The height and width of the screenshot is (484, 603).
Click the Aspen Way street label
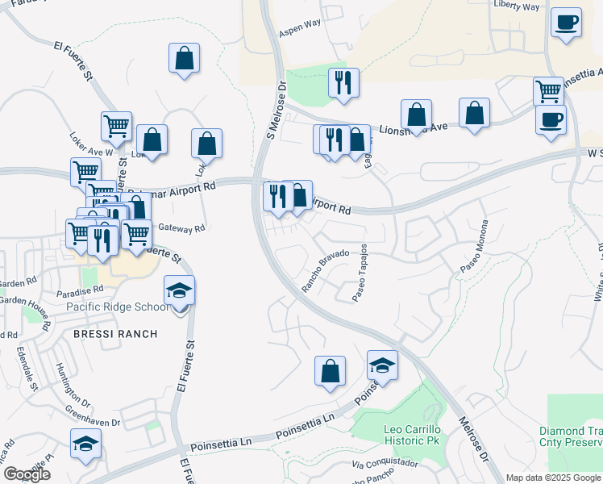tap(300, 32)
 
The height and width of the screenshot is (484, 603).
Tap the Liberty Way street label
tap(516, 7)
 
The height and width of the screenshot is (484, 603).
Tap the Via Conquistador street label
tap(385, 464)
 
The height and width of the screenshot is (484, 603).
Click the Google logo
tap(27, 474)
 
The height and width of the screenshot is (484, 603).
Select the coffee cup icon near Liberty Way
tap(567, 22)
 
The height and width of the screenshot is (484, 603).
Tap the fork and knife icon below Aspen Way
tap(344, 82)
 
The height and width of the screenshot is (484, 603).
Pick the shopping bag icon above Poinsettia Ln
tap(330, 371)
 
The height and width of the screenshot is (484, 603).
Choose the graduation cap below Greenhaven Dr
tap(85, 444)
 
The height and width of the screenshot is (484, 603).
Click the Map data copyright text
tap(554, 478)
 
